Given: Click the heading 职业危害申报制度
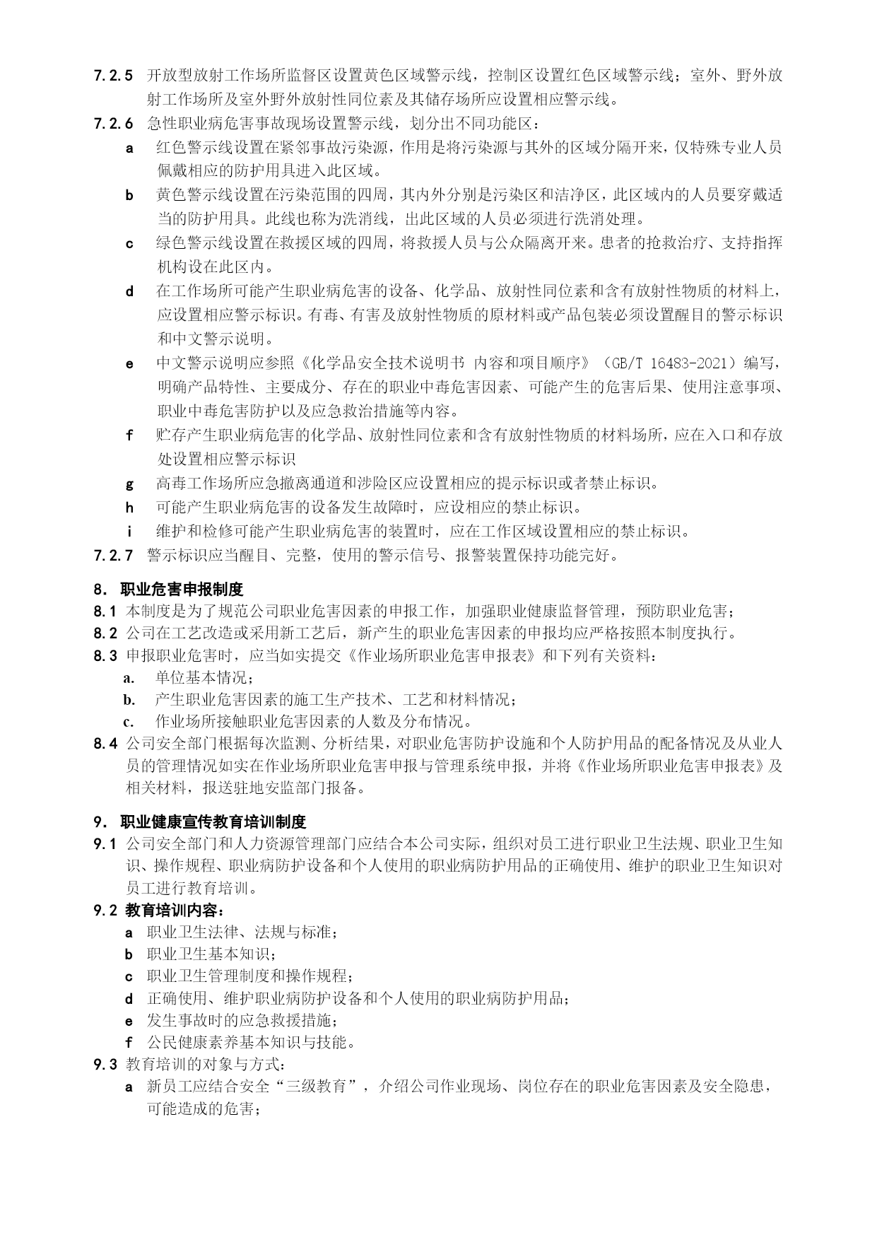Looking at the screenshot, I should [x=182, y=589].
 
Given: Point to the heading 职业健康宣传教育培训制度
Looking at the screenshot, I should [x=213, y=821].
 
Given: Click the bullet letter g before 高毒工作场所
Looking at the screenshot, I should [x=129, y=484].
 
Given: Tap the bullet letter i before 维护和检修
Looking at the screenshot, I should [x=129, y=531].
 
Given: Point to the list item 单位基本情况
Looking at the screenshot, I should [x=204, y=678].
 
